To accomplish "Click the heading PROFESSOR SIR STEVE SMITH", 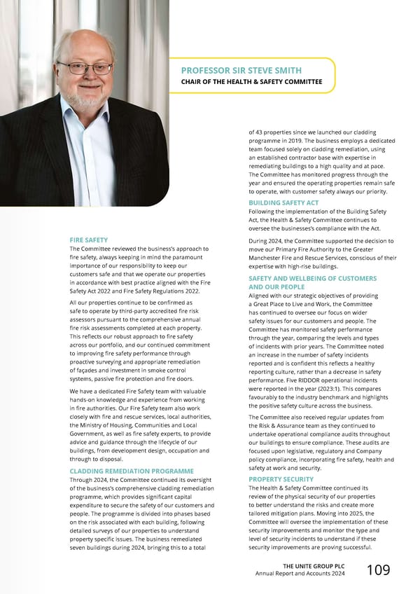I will (241, 70).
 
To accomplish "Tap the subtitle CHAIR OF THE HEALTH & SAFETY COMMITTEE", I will (251, 82).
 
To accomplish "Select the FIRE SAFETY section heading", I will (88, 240).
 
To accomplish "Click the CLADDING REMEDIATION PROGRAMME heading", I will (132, 471).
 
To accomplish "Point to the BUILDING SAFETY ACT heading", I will (283, 203).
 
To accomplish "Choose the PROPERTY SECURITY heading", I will (281, 479).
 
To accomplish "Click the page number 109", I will (379, 570).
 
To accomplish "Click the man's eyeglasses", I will (85, 69).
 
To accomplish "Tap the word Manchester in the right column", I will (270, 258).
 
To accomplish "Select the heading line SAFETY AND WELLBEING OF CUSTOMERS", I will (312, 279).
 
